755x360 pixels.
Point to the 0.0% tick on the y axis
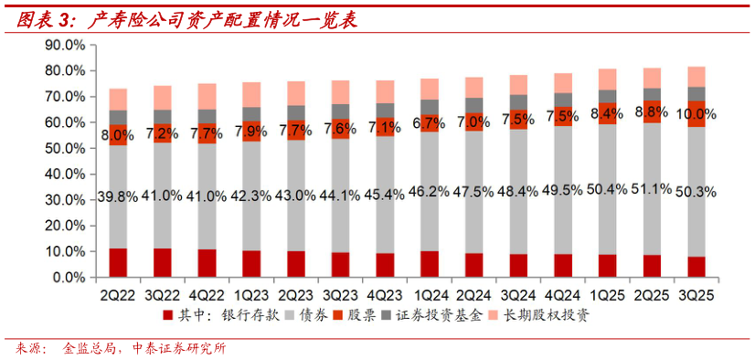[68, 277]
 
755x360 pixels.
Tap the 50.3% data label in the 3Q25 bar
[696, 192]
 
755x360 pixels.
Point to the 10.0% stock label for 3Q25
[696, 114]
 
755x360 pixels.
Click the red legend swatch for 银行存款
[167, 316]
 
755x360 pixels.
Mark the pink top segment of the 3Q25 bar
[696, 77]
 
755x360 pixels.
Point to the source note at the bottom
[119, 348]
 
